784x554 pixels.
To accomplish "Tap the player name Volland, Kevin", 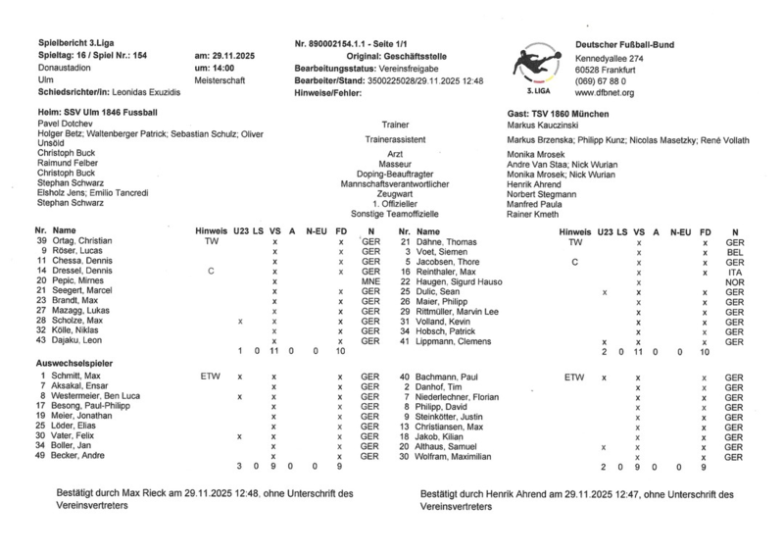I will (x=444, y=321).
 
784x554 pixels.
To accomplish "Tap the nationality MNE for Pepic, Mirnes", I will (x=369, y=280).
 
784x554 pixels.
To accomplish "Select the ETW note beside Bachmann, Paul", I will (x=574, y=377).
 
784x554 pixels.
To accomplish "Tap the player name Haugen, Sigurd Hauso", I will (x=465, y=280).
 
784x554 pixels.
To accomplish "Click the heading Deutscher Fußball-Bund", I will (x=624, y=45).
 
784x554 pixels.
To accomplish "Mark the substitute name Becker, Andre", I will (x=81, y=456).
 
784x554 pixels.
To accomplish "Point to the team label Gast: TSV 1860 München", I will (x=557, y=115).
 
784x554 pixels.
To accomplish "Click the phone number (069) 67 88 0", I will (x=601, y=80).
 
